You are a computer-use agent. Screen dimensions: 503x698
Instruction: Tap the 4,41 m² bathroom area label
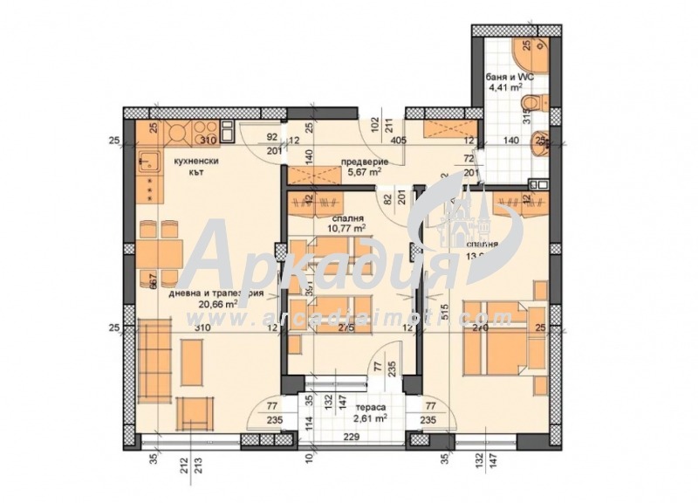click(x=504, y=87)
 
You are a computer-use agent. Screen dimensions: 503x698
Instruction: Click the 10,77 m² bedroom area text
click(x=346, y=228)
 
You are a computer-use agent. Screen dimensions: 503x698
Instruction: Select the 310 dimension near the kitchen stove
click(x=208, y=139)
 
